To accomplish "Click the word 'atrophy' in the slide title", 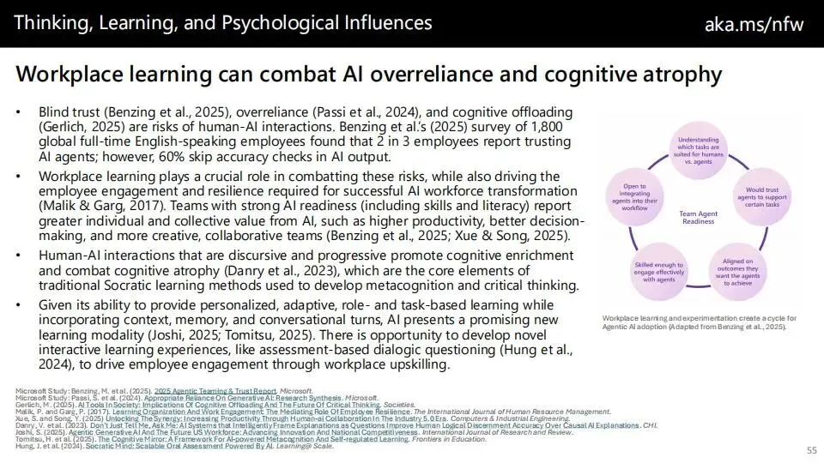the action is pyautogui.click(x=678, y=75).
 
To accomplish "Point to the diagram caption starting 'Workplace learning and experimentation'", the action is pyautogui.click(x=699, y=322).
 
